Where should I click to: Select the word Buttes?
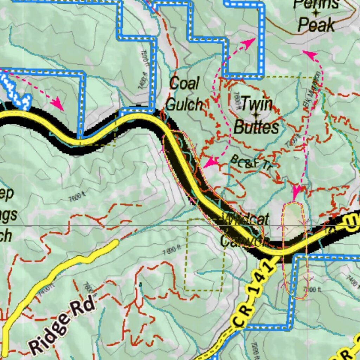pyautogui.click(x=256, y=127)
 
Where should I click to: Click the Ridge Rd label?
pyautogui.click(x=63, y=324)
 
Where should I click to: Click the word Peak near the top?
pyautogui.click(x=316, y=25)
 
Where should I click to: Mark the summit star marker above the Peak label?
pyautogui.click(x=316, y=14)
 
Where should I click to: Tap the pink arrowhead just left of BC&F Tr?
pyautogui.click(x=211, y=162)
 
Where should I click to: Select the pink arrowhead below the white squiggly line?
pyautogui.click(x=57, y=104)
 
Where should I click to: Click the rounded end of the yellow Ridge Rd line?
pyautogui.click(x=115, y=243)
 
